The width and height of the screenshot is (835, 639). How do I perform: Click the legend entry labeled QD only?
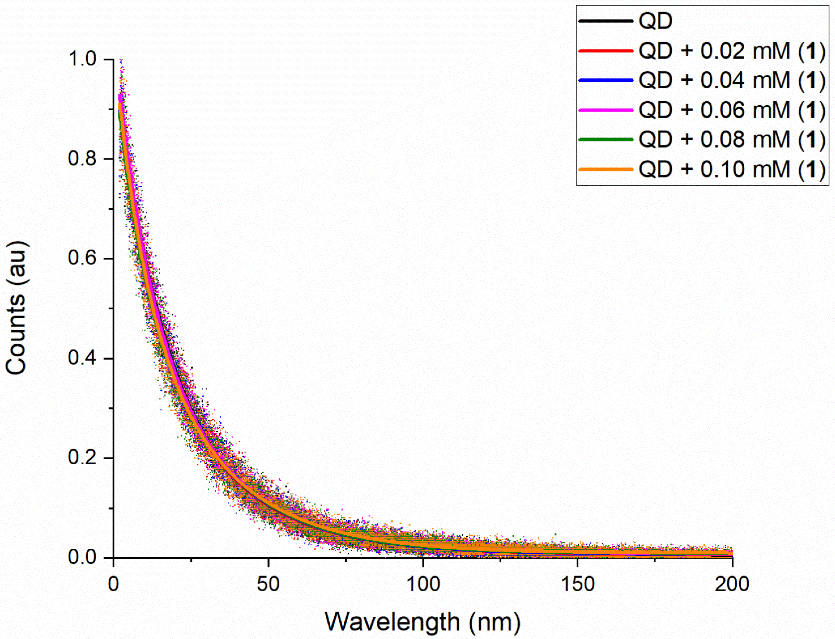point(655,21)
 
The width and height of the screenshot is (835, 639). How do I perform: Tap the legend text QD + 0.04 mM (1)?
point(732,80)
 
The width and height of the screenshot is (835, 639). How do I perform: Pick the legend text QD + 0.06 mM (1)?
point(732,110)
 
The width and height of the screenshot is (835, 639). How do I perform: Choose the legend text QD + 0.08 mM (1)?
point(732,140)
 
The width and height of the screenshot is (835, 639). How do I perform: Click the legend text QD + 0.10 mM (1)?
point(732,169)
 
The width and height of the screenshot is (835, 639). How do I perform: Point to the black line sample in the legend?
point(606,21)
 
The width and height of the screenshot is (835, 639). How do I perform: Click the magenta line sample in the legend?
point(606,110)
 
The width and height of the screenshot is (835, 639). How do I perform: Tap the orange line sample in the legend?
point(606,169)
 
